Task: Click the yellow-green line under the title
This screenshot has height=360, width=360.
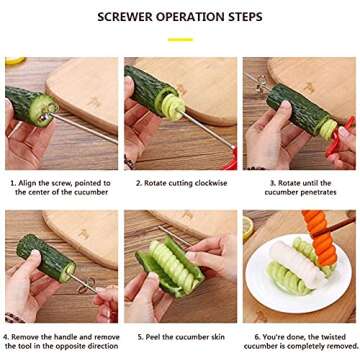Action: point(180,39)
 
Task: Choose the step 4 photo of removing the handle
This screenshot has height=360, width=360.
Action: point(61,266)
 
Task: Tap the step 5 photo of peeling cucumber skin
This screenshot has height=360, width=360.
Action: point(180,266)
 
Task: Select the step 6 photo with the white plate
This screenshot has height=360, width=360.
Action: point(299,266)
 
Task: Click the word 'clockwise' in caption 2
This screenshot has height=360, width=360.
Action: point(210,183)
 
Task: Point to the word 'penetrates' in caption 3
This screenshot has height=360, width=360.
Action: point(322,192)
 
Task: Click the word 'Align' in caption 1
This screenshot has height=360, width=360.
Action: point(31,183)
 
